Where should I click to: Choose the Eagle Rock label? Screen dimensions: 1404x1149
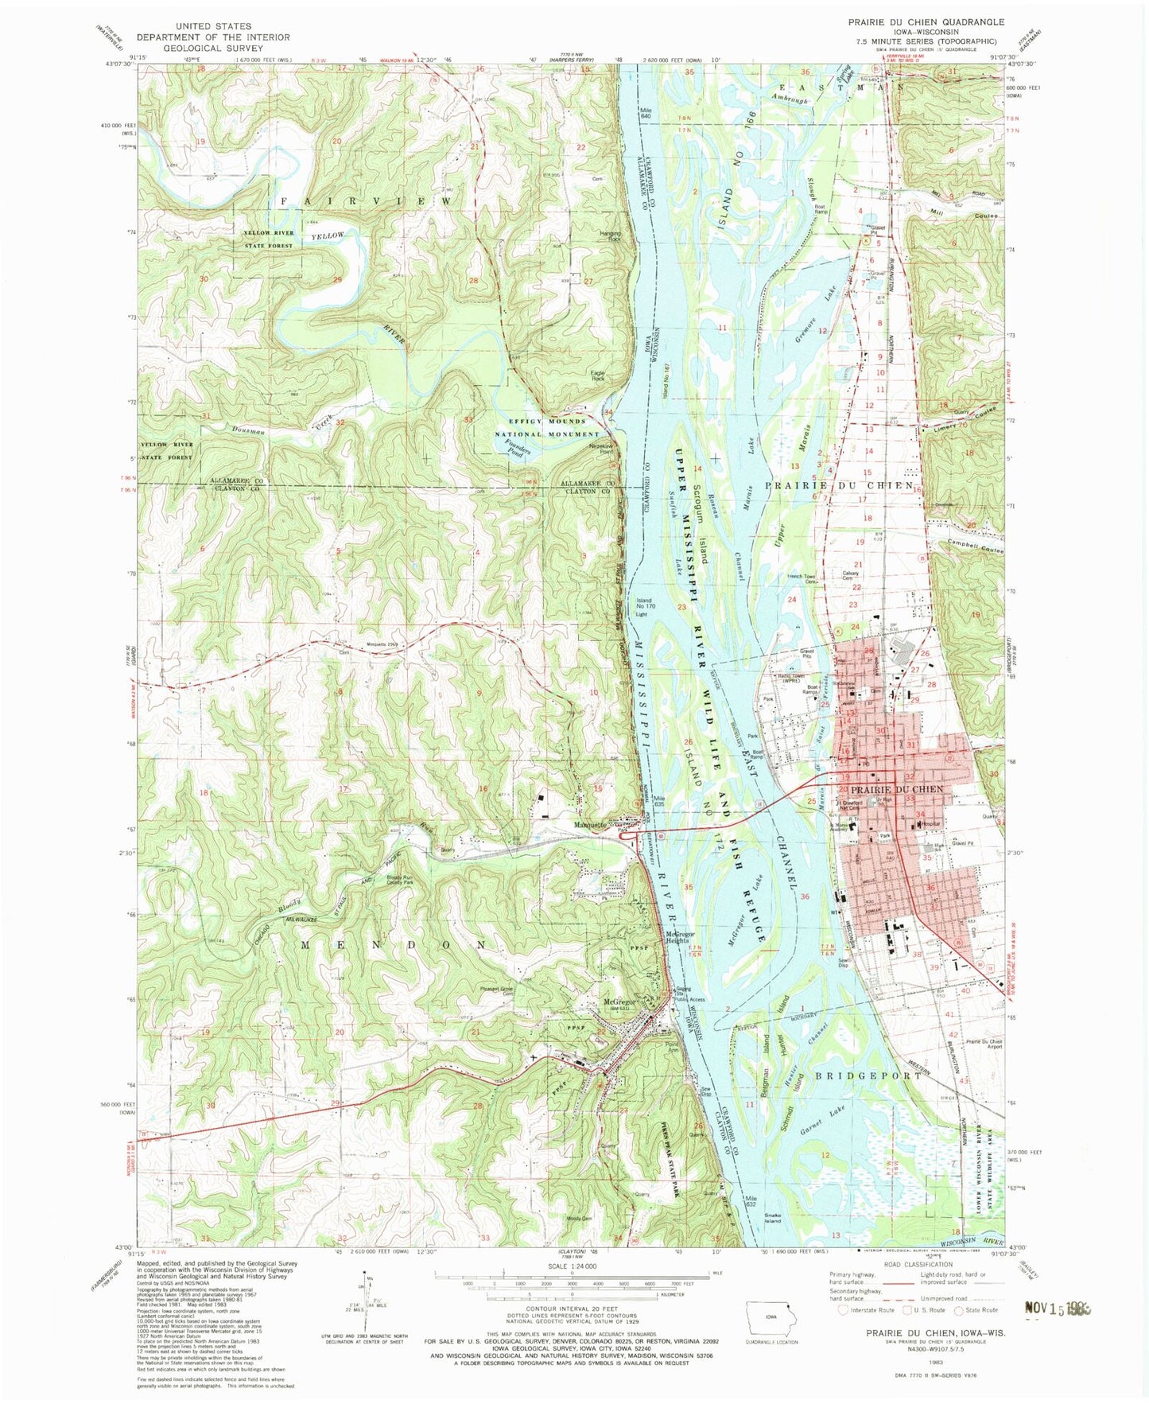click(597, 375)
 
